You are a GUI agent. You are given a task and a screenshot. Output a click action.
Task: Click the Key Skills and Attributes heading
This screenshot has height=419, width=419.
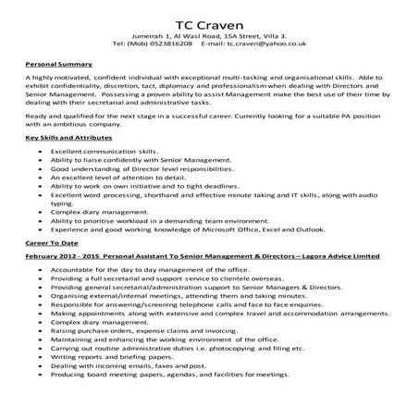(60, 137)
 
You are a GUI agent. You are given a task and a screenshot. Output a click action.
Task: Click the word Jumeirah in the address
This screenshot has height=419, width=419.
(152, 34)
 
